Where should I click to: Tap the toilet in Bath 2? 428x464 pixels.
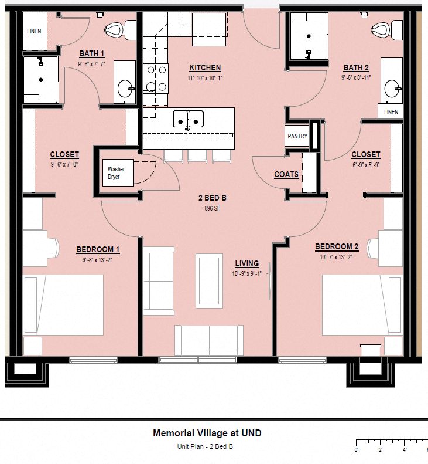tap(381, 29)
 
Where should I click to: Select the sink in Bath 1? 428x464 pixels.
tap(125, 89)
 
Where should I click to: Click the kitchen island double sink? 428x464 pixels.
tap(188, 119)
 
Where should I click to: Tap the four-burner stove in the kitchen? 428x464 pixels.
tap(156, 79)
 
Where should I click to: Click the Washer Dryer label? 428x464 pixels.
tap(116, 173)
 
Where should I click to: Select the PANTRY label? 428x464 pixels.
tap(297, 136)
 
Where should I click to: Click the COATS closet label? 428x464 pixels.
tap(286, 174)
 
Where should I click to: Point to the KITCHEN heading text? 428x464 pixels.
tap(205, 67)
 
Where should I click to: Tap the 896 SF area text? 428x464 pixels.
tap(212, 208)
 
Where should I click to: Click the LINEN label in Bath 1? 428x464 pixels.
tap(35, 31)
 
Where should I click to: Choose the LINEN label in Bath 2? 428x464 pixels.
tap(391, 112)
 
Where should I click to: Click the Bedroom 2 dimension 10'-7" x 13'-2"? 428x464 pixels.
tap(336, 257)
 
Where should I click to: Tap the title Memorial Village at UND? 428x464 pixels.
tap(207, 433)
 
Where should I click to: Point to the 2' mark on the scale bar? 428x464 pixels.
tap(381, 451)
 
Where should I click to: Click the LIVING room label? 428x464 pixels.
tap(246, 264)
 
